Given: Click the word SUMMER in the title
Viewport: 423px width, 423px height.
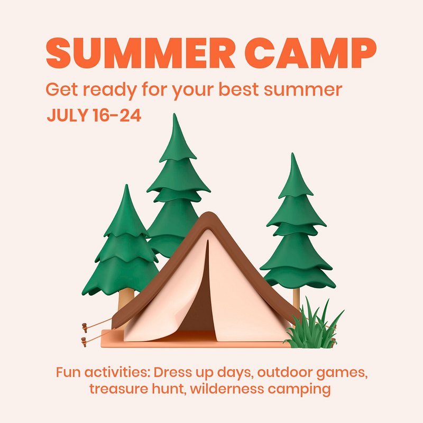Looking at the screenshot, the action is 141,52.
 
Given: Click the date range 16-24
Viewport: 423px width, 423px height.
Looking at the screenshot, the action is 117,115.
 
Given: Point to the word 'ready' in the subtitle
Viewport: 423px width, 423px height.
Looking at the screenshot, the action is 109,90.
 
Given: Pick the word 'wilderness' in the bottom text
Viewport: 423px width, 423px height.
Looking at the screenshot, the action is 227,389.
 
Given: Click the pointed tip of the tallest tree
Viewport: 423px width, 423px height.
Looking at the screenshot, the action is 175,114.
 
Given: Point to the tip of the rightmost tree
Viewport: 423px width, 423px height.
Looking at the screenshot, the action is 292,153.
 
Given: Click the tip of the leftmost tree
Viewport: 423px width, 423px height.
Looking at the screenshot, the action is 126,185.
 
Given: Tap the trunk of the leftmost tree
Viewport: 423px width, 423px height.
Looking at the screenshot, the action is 126,299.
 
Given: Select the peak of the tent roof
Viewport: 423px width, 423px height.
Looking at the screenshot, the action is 208,213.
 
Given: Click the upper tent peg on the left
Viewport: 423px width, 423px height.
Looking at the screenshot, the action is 85,327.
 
